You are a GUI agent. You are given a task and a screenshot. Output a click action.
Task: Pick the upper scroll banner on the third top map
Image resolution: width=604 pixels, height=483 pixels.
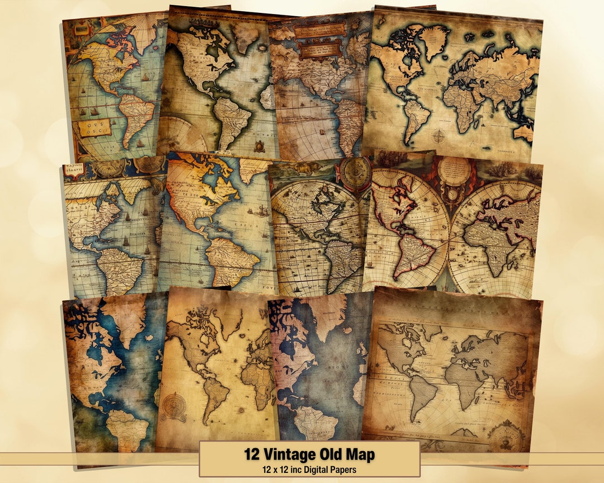pyautogui.click(x=317, y=31)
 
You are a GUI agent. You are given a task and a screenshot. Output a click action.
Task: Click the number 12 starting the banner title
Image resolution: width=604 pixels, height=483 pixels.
pyautogui.click(x=253, y=453)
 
